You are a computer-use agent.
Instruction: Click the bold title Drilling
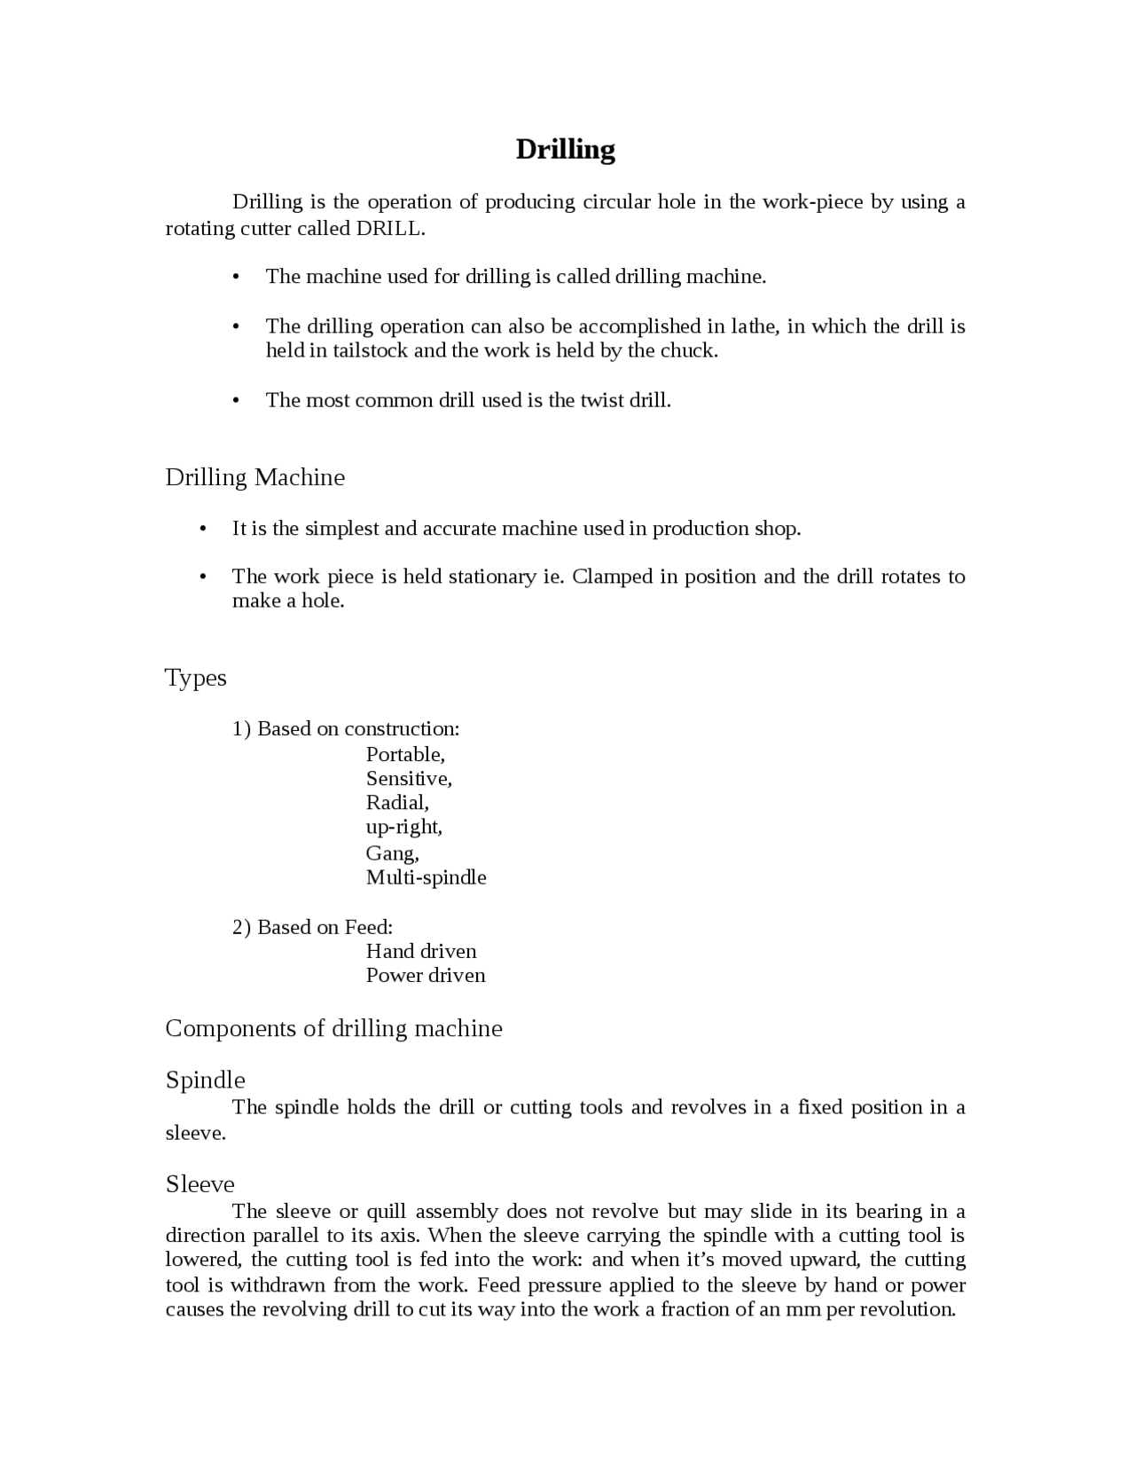tap(565, 149)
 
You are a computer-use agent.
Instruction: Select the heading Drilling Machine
tap(255, 477)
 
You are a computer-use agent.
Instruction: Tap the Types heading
tap(196, 678)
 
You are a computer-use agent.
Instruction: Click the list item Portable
tap(404, 755)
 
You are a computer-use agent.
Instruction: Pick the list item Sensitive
tap(408, 779)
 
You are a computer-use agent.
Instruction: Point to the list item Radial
tap(396, 803)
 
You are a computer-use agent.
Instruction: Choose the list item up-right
tap(403, 827)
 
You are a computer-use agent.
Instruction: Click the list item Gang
tap(392, 853)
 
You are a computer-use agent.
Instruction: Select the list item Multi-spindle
tap(426, 877)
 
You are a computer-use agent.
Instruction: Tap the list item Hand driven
tap(421, 951)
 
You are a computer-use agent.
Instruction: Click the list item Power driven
tap(426, 976)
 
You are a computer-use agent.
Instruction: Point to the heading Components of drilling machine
tap(333, 1028)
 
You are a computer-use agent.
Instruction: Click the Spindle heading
tap(205, 1080)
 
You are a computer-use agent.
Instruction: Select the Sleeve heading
tap(200, 1184)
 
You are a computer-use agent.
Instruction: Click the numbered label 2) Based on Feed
tap(312, 927)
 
